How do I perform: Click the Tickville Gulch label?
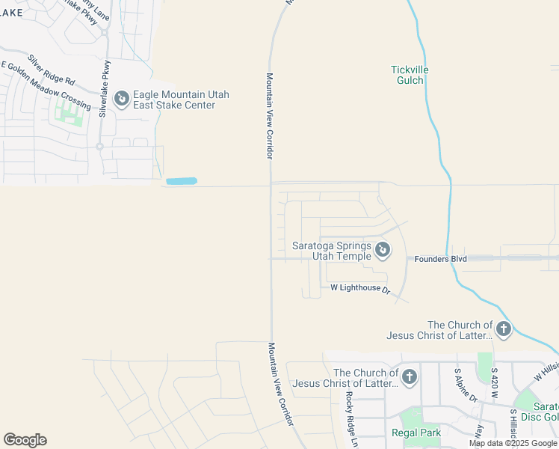pos(410,76)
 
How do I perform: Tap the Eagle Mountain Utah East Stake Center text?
pos(180,100)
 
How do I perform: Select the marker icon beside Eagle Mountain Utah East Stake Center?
pos(120,98)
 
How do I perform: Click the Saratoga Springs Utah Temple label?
pos(332,251)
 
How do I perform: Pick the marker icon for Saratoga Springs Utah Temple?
pos(383,250)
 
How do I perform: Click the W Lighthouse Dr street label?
pos(360,288)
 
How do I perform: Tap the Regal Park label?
pos(416,433)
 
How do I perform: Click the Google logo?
pos(25,440)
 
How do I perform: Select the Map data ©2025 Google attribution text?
pos(513,443)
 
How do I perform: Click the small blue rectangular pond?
pos(181,181)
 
